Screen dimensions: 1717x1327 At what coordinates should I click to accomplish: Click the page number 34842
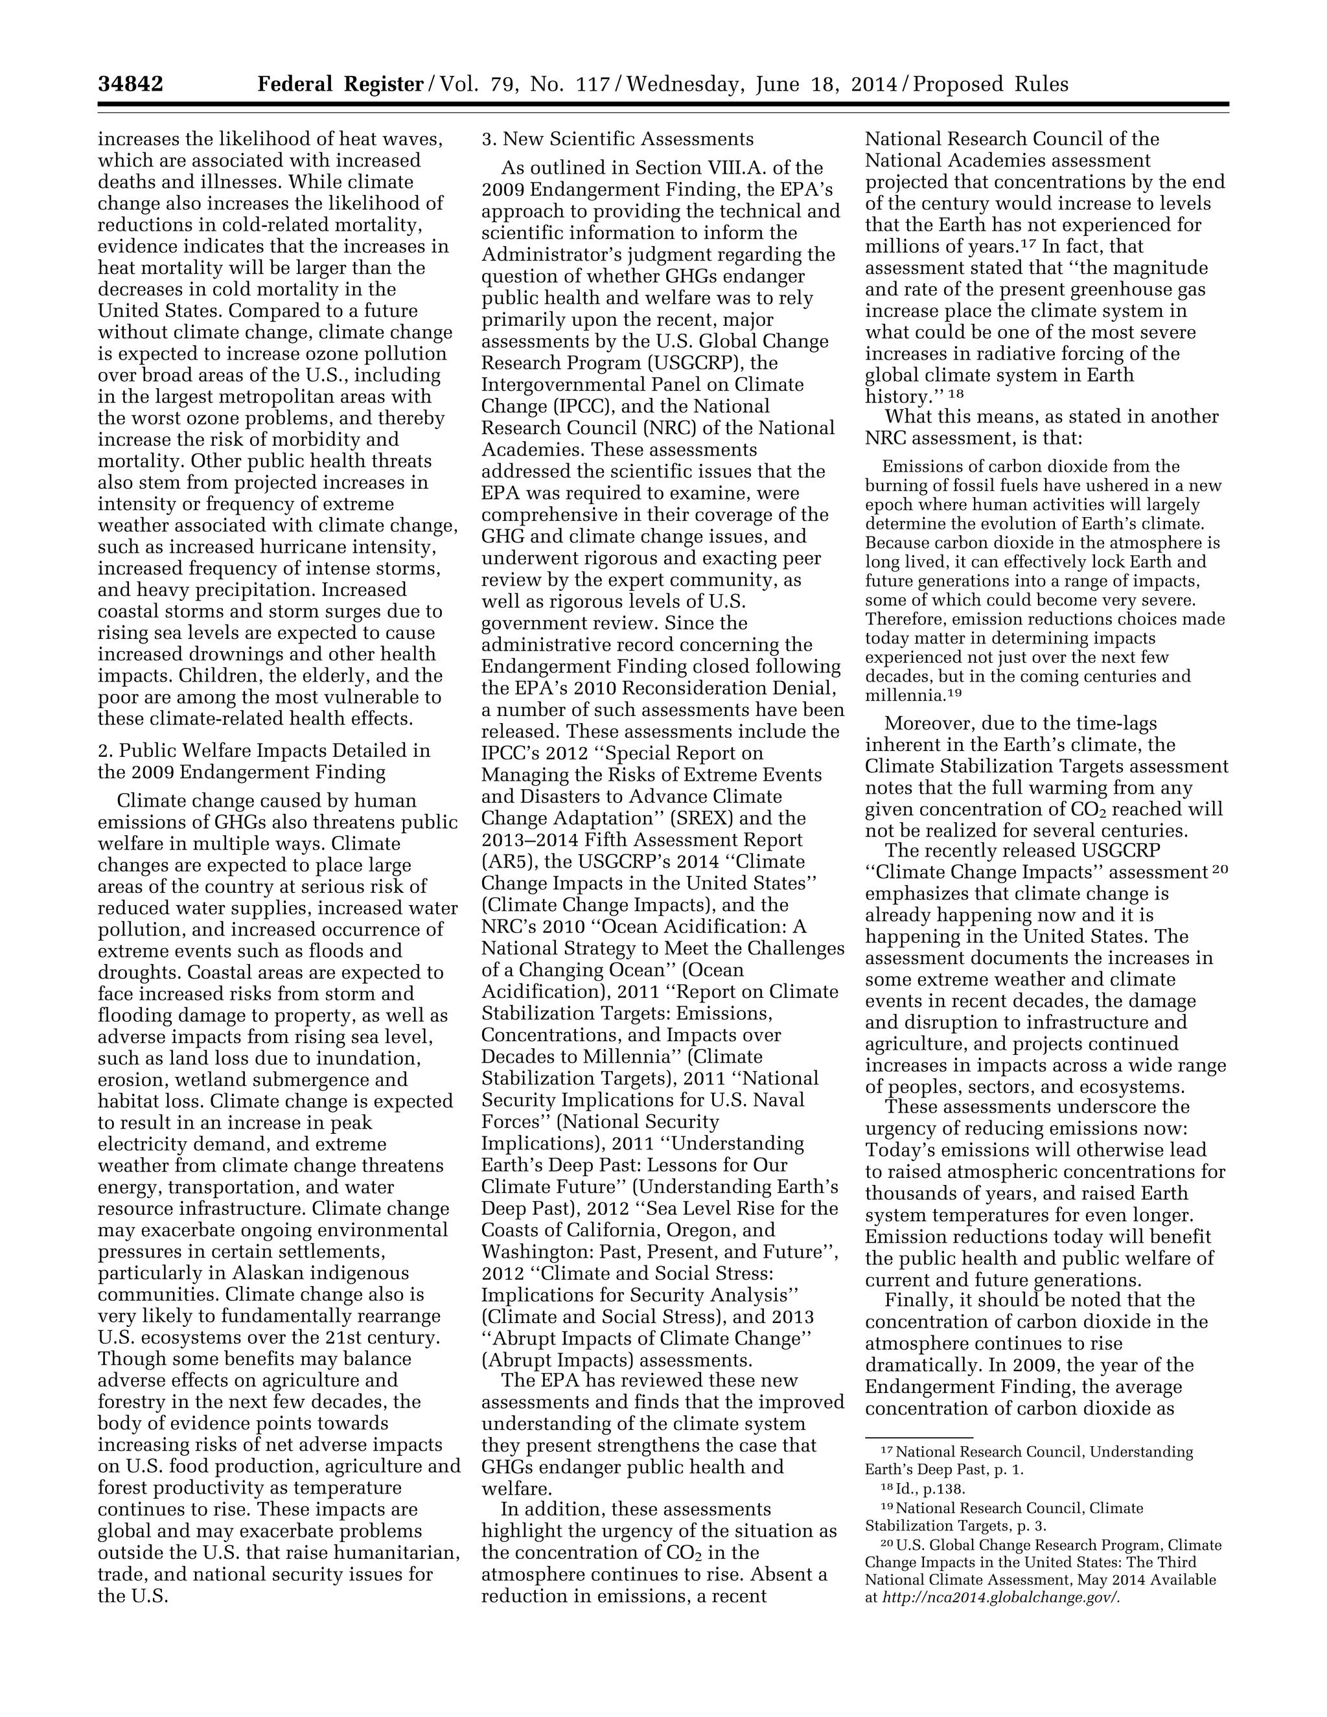(x=130, y=84)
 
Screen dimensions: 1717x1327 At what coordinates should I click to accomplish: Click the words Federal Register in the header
(x=340, y=84)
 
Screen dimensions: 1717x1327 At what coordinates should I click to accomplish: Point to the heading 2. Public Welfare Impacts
(x=263, y=751)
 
